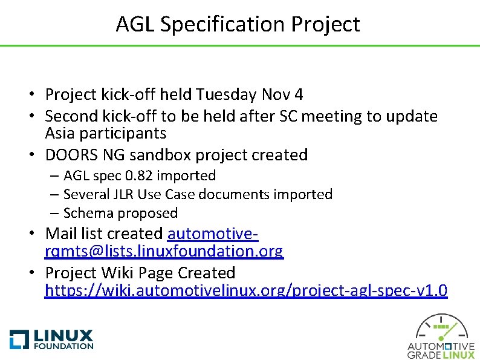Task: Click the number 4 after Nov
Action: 299,94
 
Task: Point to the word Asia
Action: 62,133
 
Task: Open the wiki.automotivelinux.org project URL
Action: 246,291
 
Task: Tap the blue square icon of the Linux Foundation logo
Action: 19,339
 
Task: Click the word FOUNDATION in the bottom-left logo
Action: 63,346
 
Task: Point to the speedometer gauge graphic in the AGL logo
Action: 441,327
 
